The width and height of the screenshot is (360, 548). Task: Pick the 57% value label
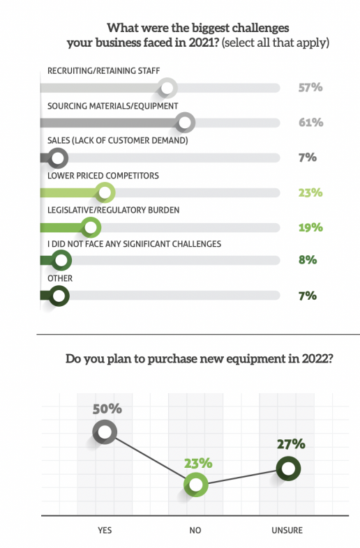[310, 87]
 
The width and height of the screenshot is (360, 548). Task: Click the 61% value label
[310, 122]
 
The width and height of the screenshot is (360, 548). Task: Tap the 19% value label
[310, 227]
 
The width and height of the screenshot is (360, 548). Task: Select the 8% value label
[308, 260]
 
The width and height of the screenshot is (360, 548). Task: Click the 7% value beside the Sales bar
[308, 158]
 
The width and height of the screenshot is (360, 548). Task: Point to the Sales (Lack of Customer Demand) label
[117, 141]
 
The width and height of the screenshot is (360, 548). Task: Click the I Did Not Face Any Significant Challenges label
[135, 244]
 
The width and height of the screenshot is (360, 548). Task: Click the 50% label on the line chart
[107, 409]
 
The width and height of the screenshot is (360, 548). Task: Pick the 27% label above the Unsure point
[291, 444]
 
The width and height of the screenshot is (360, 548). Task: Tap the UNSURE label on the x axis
[287, 530]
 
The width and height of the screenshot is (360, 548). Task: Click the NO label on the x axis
[195, 530]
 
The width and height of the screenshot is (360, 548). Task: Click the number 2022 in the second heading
[317, 359]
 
